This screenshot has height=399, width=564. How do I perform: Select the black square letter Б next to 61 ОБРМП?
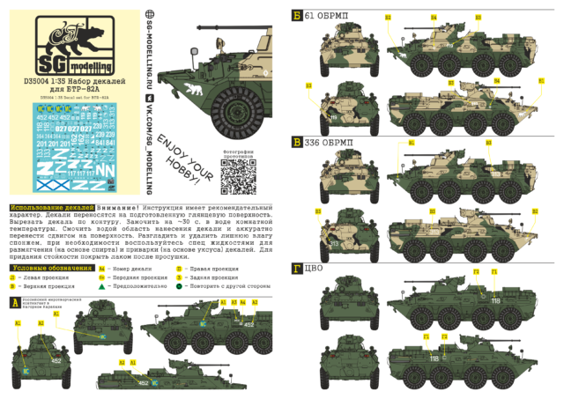[297, 15]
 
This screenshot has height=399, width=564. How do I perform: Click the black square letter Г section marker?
[297, 266]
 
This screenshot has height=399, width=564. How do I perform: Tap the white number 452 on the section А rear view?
[56, 360]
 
